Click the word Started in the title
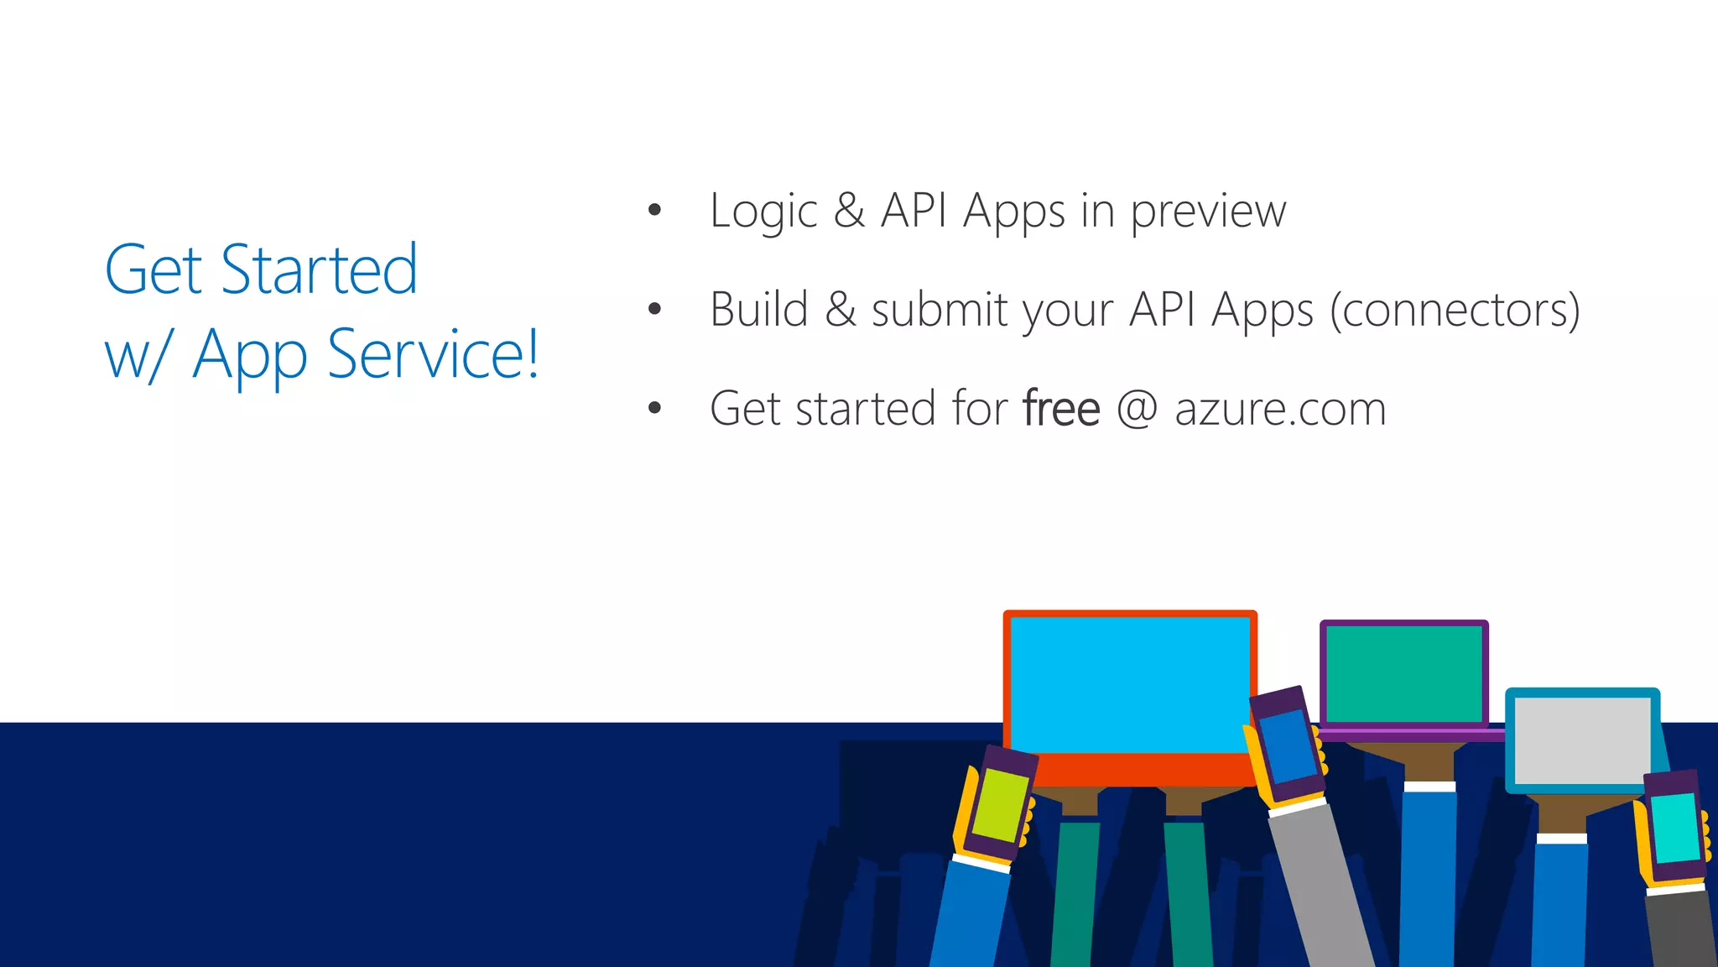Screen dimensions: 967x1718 point(319,270)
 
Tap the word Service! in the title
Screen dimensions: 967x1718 point(433,354)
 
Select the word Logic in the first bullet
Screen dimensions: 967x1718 point(763,212)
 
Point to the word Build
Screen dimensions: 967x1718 point(758,310)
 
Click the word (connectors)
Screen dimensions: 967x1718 point(1455,310)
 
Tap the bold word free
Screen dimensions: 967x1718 point(1061,409)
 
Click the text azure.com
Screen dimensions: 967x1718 point(1280,409)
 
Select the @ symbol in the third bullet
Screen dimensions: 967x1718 point(1138,409)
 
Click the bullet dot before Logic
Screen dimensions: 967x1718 point(655,210)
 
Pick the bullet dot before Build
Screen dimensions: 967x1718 point(655,309)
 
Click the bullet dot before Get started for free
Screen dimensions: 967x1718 point(655,408)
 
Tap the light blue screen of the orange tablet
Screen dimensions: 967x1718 point(1128,684)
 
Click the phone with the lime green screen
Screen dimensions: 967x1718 point(1000,804)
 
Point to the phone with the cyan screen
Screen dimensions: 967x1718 point(1674,827)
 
